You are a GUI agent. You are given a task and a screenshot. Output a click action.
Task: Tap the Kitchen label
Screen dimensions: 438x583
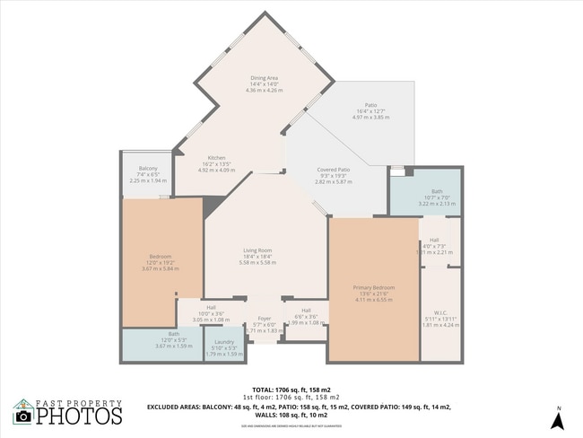pyautogui.click(x=216, y=157)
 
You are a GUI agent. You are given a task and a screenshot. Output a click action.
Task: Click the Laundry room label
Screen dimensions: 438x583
pyautogui.click(x=224, y=341)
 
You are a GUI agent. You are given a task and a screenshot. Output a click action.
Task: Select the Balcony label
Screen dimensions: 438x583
pyautogui.click(x=148, y=169)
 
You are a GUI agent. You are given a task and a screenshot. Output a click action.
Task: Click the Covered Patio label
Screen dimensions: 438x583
pyautogui.click(x=334, y=169)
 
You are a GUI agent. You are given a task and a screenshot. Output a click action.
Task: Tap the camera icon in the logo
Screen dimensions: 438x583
pyautogui.click(x=22, y=416)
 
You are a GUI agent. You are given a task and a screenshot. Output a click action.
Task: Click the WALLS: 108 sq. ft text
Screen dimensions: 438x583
pyautogui.click(x=294, y=416)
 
